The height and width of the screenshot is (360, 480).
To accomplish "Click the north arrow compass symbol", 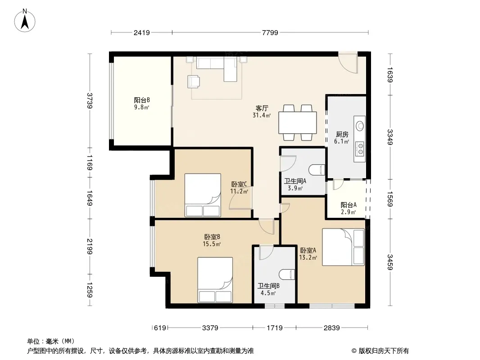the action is (25, 21).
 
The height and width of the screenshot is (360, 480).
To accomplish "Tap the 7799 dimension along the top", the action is (270, 32).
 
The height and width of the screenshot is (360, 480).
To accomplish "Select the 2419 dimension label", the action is (141, 32).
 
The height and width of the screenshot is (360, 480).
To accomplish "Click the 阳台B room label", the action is (142, 100).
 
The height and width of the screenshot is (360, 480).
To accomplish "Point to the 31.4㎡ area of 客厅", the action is (262, 115).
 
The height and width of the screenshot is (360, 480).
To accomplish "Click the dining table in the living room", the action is (298, 123).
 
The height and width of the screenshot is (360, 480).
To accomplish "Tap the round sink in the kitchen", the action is (360, 126).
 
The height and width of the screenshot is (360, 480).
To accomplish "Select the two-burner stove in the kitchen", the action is (360, 148).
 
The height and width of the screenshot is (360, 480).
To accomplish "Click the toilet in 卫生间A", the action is (317, 170).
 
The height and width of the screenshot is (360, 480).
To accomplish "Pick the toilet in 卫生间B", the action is (287, 274).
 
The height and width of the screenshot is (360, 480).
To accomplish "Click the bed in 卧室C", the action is (203, 195).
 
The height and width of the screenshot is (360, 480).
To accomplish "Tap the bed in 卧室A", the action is (343, 247).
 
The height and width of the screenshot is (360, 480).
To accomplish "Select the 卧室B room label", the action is (212, 237).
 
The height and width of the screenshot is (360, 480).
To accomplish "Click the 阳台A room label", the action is (349, 205).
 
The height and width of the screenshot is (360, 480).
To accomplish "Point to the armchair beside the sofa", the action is (194, 81).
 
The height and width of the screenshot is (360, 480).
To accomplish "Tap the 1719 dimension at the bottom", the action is (275, 328).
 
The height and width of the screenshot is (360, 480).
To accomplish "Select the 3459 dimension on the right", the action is (389, 262).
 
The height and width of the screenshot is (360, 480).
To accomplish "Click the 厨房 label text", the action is (342, 134).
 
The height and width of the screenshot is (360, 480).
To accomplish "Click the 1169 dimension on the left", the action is (90, 162).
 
